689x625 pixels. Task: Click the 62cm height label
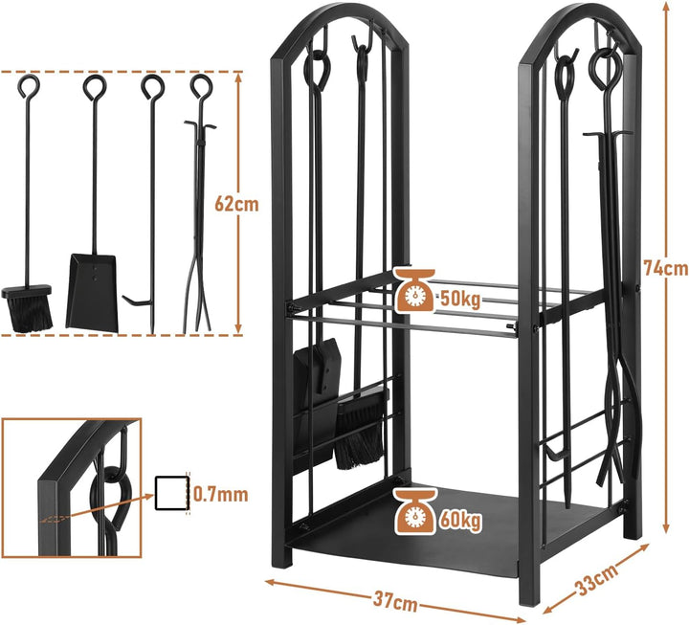[x=236, y=204]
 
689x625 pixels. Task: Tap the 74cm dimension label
[x=665, y=268]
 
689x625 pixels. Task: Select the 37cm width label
[x=395, y=601]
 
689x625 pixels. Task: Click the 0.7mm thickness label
[x=221, y=495]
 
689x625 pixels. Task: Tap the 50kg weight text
[x=459, y=300]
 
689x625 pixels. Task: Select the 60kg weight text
[x=460, y=521]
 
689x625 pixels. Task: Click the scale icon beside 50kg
[x=414, y=290]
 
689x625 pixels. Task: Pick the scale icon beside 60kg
[x=414, y=512]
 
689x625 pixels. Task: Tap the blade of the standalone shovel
[x=92, y=291]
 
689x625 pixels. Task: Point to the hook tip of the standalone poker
[x=123, y=298]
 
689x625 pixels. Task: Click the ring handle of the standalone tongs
[x=201, y=86]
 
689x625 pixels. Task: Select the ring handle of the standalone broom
[x=29, y=86]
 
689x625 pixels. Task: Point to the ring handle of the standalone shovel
[x=95, y=86]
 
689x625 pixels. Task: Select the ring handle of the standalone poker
[x=152, y=86]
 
